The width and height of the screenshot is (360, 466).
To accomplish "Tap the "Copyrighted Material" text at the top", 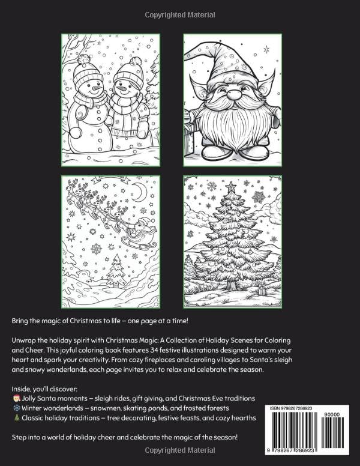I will pyautogui.click(x=179, y=12).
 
